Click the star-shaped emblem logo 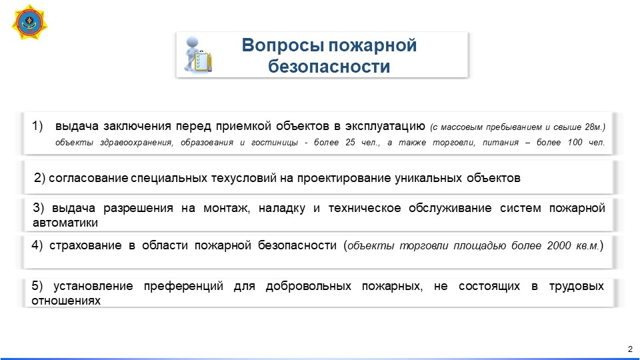point(29,22)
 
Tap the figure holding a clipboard point(197,55)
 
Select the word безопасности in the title point(329,67)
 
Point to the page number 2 point(630,349)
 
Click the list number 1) point(37,126)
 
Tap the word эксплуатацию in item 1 point(385,126)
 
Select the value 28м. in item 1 point(594,127)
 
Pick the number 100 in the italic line point(575,142)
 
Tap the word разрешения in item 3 point(138,208)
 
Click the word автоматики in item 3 point(65,223)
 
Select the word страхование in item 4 point(85,245)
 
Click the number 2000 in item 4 point(559,246)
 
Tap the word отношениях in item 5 point(66,301)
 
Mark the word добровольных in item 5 point(308,286)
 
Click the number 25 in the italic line point(350,142)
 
